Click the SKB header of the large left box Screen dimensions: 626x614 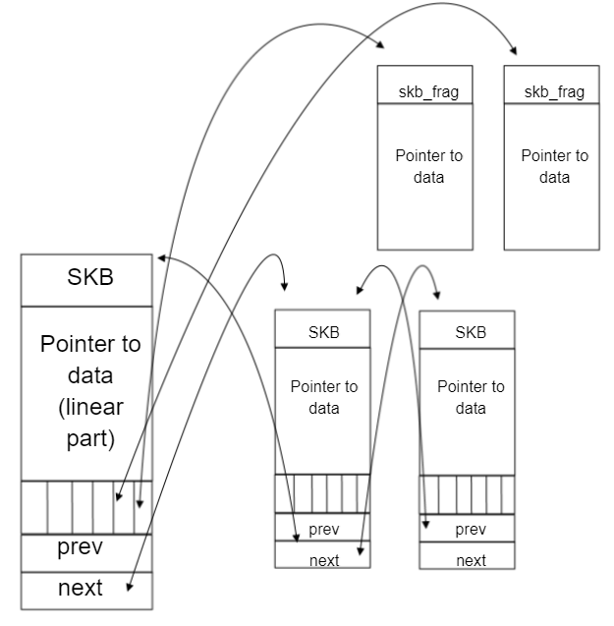(x=89, y=276)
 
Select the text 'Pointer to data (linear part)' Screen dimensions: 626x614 (x=89, y=391)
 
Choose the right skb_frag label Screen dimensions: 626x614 (x=553, y=91)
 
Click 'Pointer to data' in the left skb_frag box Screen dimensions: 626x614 (x=428, y=166)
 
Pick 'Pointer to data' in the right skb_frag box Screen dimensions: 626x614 (x=554, y=166)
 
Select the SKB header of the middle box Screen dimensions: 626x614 (x=324, y=332)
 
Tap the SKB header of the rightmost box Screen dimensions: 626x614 (x=471, y=332)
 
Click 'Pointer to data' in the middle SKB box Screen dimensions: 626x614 (x=324, y=397)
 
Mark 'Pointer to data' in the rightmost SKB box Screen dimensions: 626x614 (x=471, y=397)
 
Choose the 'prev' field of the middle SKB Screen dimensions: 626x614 (x=324, y=530)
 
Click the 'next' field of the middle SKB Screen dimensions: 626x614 (x=324, y=560)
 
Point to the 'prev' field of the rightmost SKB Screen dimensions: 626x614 (x=471, y=530)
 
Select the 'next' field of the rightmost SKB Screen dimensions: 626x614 (x=471, y=560)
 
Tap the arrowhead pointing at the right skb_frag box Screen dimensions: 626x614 (x=514, y=49)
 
